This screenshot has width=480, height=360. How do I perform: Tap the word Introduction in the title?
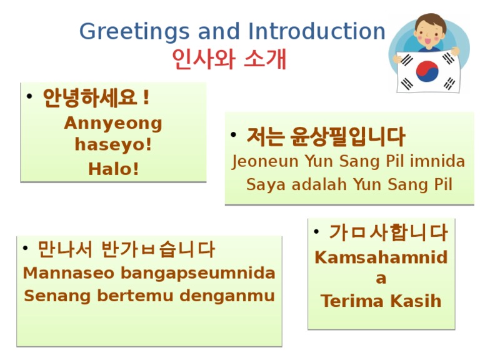(x=317, y=32)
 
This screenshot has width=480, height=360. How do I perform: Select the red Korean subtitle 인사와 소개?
(x=229, y=59)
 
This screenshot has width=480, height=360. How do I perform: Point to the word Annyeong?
(x=113, y=123)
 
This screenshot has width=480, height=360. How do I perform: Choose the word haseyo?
(x=113, y=145)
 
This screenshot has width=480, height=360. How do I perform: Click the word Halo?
(x=113, y=169)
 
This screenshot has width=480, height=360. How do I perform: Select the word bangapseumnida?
(x=197, y=274)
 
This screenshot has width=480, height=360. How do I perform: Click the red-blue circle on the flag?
(x=428, y=71)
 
